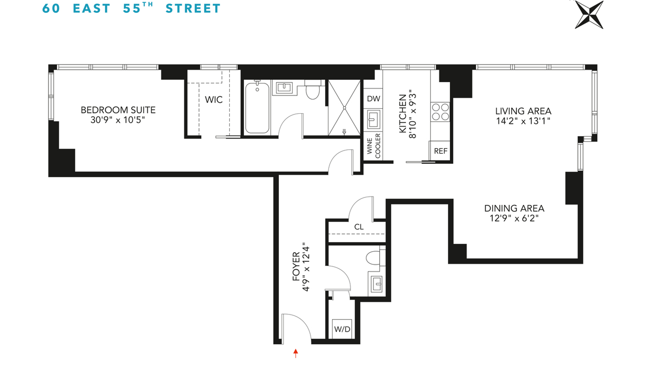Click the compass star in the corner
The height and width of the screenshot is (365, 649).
pos(589,15)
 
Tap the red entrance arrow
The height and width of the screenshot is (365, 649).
pos(296,353)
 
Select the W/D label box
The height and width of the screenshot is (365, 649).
pos(342,329)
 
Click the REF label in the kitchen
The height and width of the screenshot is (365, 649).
pos(440,151)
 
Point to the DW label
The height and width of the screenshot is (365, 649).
pos(374,99)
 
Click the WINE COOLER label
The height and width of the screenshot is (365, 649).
pos(374,146)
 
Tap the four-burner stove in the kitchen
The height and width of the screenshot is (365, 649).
pos(440,112)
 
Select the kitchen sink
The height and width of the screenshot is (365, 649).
pos(373,119)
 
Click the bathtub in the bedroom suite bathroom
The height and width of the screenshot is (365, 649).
pos(257,108)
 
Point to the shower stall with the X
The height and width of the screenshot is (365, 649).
pos(344,108)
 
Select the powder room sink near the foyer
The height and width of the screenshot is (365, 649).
pos(377,284)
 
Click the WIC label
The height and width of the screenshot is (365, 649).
pos(214,100)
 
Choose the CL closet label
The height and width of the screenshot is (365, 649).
pos(359,227)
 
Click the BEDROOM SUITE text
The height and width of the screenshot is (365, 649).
pos(118,110)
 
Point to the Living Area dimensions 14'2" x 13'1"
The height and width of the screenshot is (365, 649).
pos(523,121)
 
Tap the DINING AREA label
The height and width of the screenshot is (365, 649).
pos(514,208)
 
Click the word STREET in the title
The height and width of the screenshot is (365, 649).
pos(193,8)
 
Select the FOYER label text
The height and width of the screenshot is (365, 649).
pos(296,266)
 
